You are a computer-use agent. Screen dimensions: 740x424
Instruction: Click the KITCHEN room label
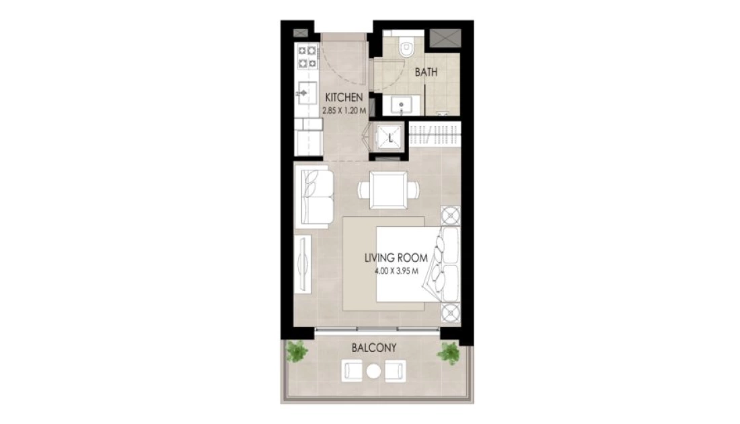coord(344,98)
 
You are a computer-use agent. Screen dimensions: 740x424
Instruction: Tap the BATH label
coord(426,72)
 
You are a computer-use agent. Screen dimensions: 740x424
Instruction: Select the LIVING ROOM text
coord(396,258)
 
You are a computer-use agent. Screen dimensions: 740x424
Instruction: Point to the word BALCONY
coord(374,348)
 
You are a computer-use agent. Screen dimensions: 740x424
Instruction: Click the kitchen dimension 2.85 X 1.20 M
coord(344,111)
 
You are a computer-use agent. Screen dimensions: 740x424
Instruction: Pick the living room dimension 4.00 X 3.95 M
coord(396,271)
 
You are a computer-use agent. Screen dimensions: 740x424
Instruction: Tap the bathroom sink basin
coord(401,105)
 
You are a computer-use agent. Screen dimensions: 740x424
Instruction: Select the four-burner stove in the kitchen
coord(307,56)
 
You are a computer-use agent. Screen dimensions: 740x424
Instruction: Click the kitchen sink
coord(306,93)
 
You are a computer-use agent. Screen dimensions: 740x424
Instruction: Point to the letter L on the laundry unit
coord(390,139)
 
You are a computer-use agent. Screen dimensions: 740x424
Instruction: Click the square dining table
coord(388,190)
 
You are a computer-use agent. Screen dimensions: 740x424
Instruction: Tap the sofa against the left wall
coord(314,197)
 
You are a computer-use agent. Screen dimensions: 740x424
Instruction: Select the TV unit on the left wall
coord(303,265)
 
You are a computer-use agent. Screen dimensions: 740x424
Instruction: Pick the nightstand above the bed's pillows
coord(451,216)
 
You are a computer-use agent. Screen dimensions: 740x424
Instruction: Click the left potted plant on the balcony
coord(297,352)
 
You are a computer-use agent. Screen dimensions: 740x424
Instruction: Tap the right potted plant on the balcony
coord(448,353)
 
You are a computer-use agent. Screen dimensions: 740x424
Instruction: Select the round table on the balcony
coord(374,372)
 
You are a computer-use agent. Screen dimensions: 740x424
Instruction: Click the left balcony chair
coord(352,371)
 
